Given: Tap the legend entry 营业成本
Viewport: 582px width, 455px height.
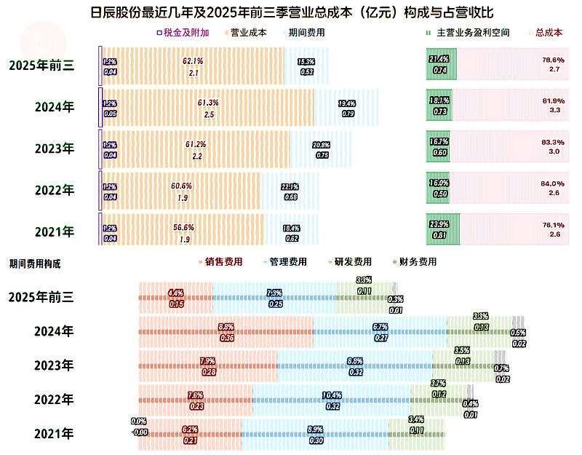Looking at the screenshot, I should (250, 33).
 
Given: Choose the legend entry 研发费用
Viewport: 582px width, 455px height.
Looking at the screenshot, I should (353, 261).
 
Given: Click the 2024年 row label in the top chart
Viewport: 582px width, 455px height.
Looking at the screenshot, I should (55, 107).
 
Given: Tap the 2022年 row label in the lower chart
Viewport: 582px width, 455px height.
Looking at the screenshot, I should (55, 400).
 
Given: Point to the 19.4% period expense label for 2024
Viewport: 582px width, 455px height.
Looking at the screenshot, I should (347, 103).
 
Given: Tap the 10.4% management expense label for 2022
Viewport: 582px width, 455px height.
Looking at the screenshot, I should (332, 396).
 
